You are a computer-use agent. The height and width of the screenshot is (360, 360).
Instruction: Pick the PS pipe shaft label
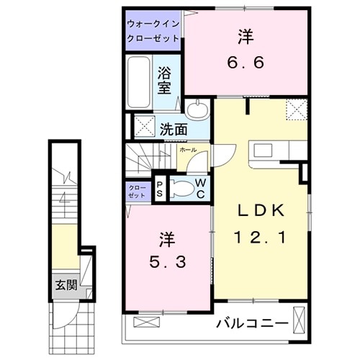click(160, 189)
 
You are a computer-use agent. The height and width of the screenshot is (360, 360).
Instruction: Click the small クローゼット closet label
click(136, 190)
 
